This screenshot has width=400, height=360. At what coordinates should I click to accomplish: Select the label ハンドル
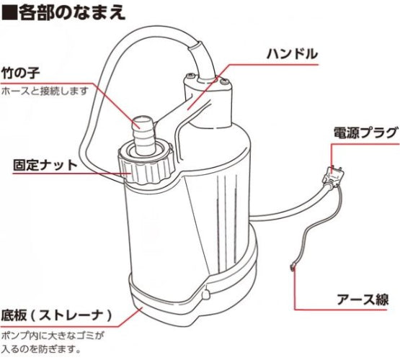pyautogui.click(x=292, y=54)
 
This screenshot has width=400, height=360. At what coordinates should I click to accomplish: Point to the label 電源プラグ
pyautogui.click(x=365, y=132)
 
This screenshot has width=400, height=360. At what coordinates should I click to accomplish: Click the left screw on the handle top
pyautogui.click(x=189, y=76)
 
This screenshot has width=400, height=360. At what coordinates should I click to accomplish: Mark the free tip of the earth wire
pyautogui.click(x=292, y=268)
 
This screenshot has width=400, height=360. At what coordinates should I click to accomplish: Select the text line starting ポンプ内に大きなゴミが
pyautogui.click(x=53, y=336)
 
